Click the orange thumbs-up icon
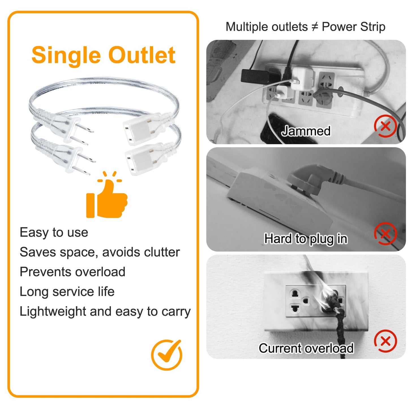tap(107, 198)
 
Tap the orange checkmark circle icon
tap(166, 355)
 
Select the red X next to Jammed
tap(386, 126)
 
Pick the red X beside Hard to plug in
tap(386, 234)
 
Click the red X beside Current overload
tap(386, 341)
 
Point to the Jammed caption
tap(306, 131)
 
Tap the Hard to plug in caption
tap(306, 239)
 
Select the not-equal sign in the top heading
tap(315, 27)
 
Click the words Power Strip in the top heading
tap(354, 27)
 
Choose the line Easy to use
tap(54, 232)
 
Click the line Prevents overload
tap(72, 272)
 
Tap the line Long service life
tap(67, 292)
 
